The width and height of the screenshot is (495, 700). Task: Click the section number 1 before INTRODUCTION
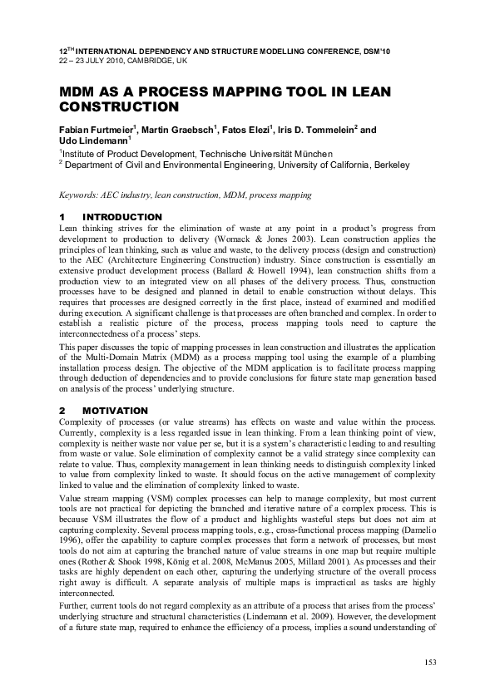(x=62, y=218)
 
